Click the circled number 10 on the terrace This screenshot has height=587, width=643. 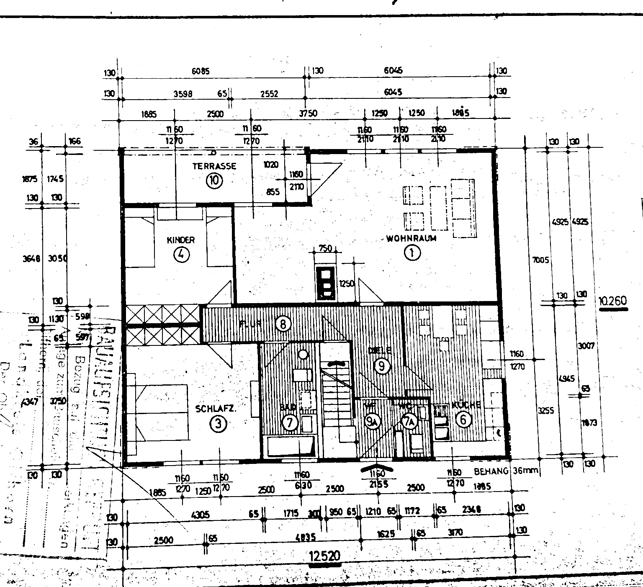214,180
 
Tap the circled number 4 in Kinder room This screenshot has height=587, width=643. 181,255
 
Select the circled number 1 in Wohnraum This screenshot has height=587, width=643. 412,253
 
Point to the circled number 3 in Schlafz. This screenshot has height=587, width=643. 218,424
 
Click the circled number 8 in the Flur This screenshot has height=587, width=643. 283,324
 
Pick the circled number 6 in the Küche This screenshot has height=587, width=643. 463,419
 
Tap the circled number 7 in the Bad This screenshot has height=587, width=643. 290,422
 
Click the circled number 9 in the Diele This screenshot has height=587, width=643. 382,366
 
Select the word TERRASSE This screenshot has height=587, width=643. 214,166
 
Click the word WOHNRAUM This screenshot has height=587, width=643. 411,239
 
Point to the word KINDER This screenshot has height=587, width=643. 181,240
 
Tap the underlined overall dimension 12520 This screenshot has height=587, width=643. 324,556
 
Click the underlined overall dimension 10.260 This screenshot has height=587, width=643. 613,301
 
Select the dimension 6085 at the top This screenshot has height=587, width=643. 201,71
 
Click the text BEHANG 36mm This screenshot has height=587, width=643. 506,471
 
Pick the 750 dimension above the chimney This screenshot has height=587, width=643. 325,248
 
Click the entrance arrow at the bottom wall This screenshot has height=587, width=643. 377,468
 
